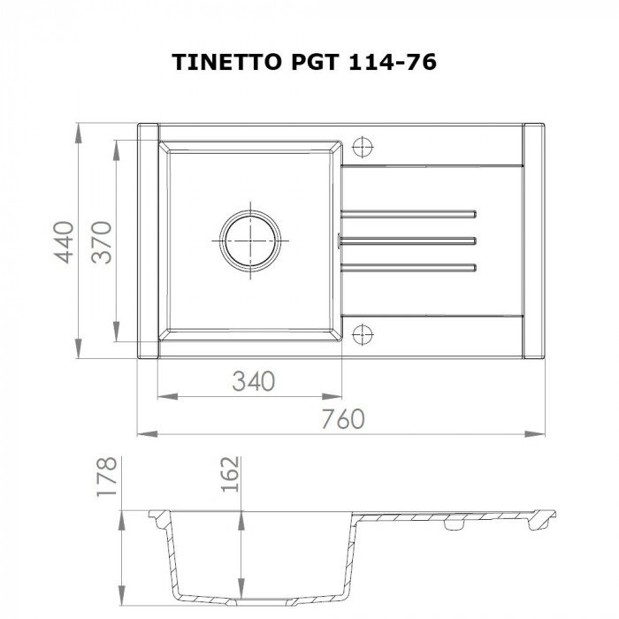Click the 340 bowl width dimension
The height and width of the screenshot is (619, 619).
click(254, 381)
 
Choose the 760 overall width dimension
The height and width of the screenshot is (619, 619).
click(342, 419)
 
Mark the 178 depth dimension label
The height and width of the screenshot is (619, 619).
click(107, 478)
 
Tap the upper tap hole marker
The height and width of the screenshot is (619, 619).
click(363, 146)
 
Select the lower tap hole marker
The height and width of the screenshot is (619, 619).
click(363, 333)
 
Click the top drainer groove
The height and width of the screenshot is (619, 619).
click(409, 213)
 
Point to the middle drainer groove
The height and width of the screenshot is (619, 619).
click(409, 239)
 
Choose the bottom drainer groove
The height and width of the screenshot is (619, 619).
click(409, 266)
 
